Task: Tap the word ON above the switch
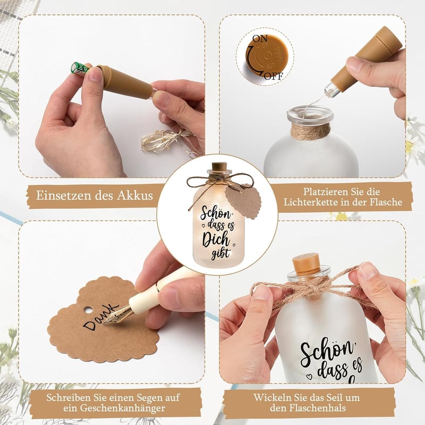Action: [x=260, y=38]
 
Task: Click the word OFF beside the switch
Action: [x=273, y=76]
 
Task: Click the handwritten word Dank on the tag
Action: [x=100, y=316]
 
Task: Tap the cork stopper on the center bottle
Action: [x=219, y=166]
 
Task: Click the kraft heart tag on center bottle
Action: [x=243, y=201]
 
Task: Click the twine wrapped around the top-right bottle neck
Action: [x=310, y=132]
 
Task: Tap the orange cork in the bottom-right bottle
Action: [x=306, y=264]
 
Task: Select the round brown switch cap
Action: [x=267, y=57]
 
